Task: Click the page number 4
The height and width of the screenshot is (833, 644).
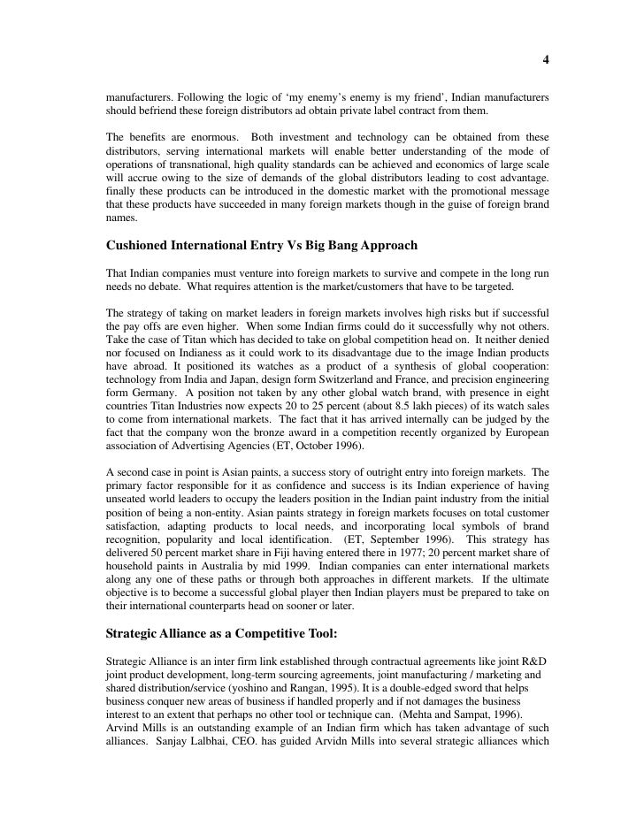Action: [546, 60]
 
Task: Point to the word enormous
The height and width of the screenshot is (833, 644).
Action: [211, 137]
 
